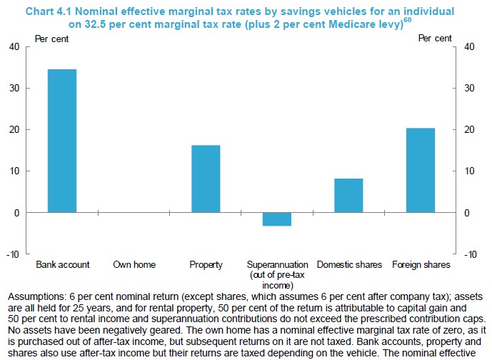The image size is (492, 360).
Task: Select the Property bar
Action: pyautogui.click(x=206, y=179)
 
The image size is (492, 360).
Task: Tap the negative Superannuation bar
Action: pyautogui.click(x=277, y=219)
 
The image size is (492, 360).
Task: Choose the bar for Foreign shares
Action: pyautogui.click(x=421, y=170)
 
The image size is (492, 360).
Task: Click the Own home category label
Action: pyautogui.click(x=134, y=265)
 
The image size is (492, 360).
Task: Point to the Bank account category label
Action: pyautogui.click(x=63, y=265)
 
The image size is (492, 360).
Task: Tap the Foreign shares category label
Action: pyautogui.click(x=421, y=265)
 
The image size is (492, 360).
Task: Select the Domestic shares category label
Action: pyautogui.click(x=349, y=265)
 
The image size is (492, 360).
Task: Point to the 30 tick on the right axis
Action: pyautogui.click(x=470, y=89)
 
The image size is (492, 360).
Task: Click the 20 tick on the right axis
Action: pyautogui.click(x=470, y=130)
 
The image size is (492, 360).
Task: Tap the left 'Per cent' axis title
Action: pyautogui.click(x=52, y=39)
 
